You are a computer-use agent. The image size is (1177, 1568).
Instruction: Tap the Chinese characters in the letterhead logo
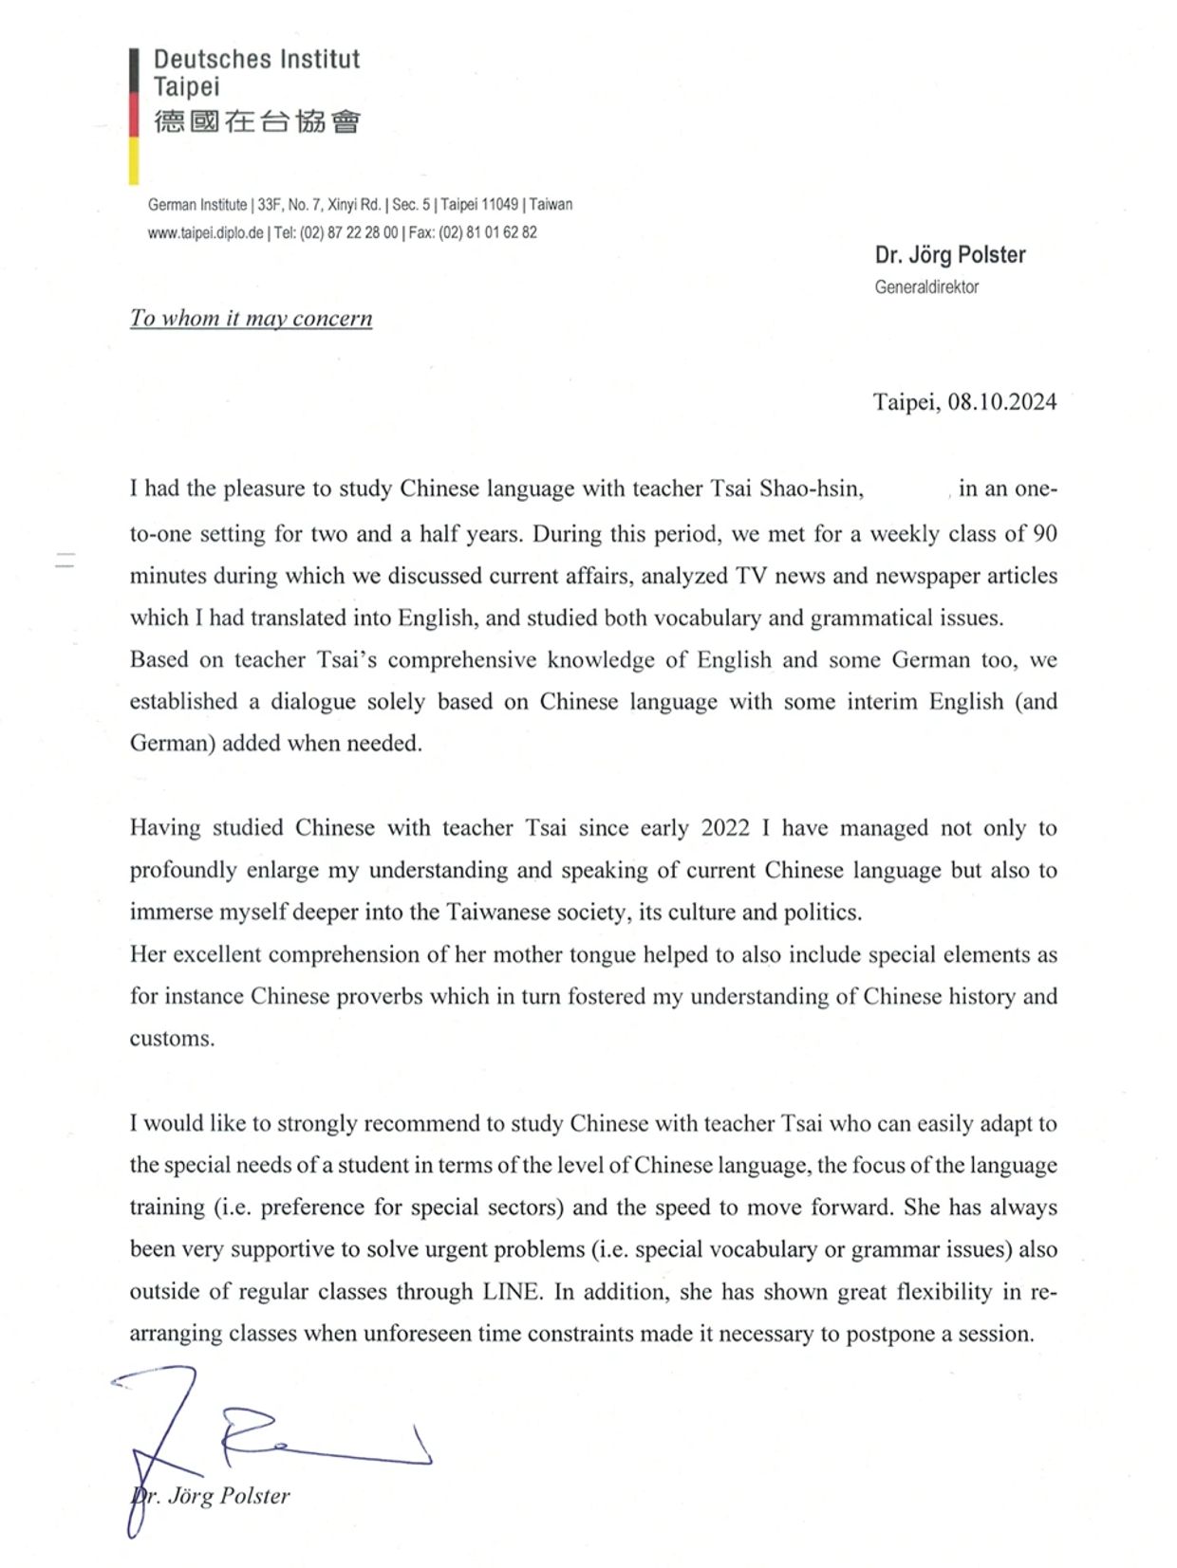(x=257, y=121)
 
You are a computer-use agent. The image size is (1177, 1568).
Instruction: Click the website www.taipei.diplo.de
(x=205, y=232)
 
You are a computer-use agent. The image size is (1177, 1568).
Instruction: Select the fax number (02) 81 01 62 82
(x=487, y=232)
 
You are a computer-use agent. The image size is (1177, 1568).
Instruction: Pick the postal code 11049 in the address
(x=500, y=204)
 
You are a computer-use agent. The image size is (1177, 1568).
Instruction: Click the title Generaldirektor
(x=926, y=287)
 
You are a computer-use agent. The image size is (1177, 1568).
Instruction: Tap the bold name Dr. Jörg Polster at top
(x=950, y=255)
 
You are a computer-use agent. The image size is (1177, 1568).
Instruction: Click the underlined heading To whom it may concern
(x=251, y=318)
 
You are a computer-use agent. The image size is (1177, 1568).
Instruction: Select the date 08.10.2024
(x=1002, y=402)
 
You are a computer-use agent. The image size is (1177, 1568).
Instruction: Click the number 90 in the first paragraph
(x=1044, y=534)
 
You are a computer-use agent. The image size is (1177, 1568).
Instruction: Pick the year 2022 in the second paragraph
(x=725, y=828)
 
